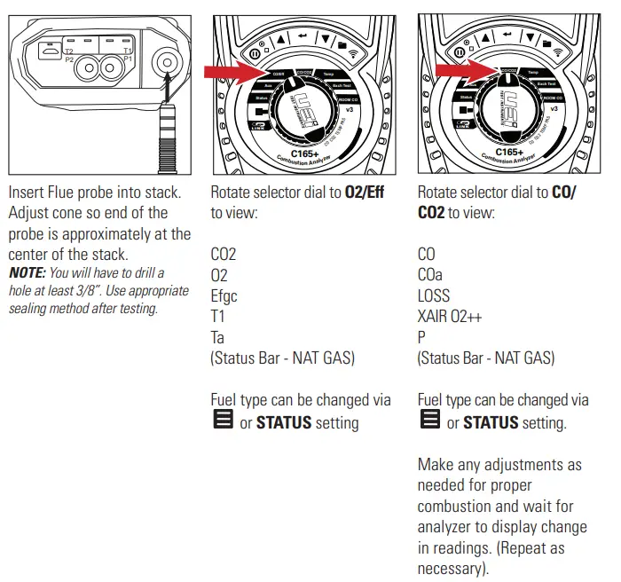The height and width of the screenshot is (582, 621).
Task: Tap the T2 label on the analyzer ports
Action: pyautogui.click(x=69, y=51)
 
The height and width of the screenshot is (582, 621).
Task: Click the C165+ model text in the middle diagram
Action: pyautogui.click(x=304, y=151)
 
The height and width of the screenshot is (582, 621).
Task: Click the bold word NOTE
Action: pyautogui.click(x=26, y=273)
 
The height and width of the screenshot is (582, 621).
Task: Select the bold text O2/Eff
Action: pyautogui.click(x=364, y=193)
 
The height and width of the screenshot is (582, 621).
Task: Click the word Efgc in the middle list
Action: pyautogui.click(x=224, y=296)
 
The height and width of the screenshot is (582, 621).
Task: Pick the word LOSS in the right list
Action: pyautogui.click(x=433, y=296)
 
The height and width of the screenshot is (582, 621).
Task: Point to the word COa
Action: pyautogui.click(x=432, y=275)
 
